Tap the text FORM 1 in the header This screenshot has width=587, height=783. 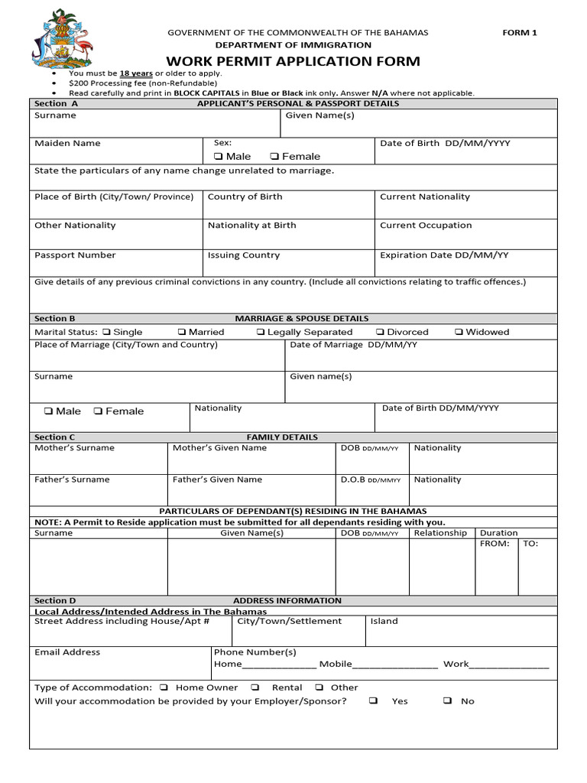[519, 32]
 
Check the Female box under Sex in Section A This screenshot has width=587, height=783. [275, 157]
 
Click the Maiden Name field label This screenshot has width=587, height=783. [67, 143]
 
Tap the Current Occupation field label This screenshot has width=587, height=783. [426, 226]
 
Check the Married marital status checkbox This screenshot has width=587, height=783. [182, 333]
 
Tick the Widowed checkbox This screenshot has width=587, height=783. [459, 333]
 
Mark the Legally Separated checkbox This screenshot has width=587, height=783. [261, 333]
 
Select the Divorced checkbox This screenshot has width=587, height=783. [380, 333]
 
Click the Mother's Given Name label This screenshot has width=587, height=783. [219, 448]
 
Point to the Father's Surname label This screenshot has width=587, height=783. [72, 479]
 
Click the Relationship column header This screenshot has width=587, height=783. [439, 533]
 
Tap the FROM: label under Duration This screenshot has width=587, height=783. [494, 544]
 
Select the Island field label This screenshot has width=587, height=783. [384, 621]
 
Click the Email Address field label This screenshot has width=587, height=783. [67, 652]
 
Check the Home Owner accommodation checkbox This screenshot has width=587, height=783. [165, 687]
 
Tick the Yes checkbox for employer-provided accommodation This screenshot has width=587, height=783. [373, 700]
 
